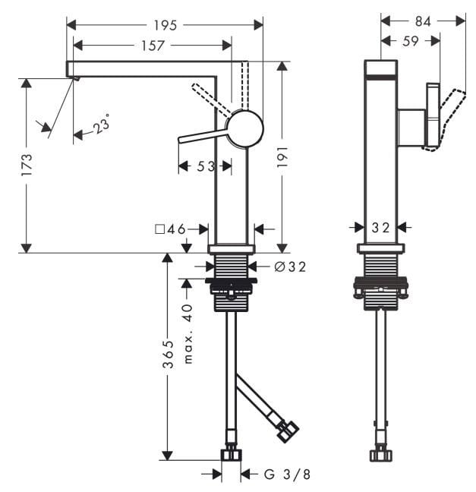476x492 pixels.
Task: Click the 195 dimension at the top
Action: [x=165, y=25]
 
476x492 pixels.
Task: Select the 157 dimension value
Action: [x=153, y=46]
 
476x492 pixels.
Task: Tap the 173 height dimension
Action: [x=27, y=165]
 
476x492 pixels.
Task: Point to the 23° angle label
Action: [x=102, y=123]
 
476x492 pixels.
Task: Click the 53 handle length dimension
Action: [x=206, y=166]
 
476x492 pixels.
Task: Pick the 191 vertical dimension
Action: [x=282, y=156]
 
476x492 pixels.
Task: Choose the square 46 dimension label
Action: [x=171, y=229]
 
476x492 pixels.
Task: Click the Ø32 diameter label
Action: [x=290, y=266]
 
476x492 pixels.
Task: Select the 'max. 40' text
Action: [x=188, y=333]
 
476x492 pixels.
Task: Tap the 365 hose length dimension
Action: [x=168, y=354]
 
